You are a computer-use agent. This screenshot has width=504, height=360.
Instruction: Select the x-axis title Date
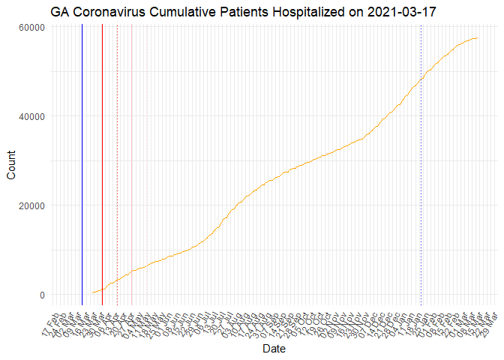point(273,349)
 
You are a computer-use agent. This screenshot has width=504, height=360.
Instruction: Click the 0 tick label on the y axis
point(43,295)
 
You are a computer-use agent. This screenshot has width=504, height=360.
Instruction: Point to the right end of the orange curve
point(478,38)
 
